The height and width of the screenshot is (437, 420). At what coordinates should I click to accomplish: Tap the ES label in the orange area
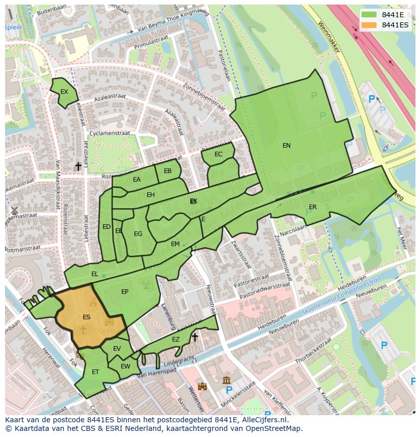point(87,317)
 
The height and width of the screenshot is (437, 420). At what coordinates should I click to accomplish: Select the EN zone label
point(287,146)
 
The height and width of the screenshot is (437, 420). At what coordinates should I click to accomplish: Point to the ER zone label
point(312,207)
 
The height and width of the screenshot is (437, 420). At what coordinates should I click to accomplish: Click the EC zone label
point(219,154)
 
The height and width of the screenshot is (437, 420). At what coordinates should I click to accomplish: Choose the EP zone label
point(125,292)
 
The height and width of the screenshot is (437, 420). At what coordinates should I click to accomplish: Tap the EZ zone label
point(176,340)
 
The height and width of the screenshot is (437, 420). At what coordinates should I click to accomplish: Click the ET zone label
point(95,372)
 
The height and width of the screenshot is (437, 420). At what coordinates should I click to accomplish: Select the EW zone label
point(125,366)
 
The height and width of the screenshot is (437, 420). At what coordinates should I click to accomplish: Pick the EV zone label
point(117,349)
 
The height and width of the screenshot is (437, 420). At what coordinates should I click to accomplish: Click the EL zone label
point(95,274)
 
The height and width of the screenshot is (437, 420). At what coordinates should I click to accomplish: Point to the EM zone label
point(175,244)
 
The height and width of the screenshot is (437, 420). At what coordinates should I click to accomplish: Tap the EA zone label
point(137,180)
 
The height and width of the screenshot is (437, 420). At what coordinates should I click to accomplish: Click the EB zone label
point(168,171)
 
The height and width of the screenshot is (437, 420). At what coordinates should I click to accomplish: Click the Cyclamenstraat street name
point(109,133)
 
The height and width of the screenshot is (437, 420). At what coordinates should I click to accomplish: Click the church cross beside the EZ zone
point(194,337)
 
